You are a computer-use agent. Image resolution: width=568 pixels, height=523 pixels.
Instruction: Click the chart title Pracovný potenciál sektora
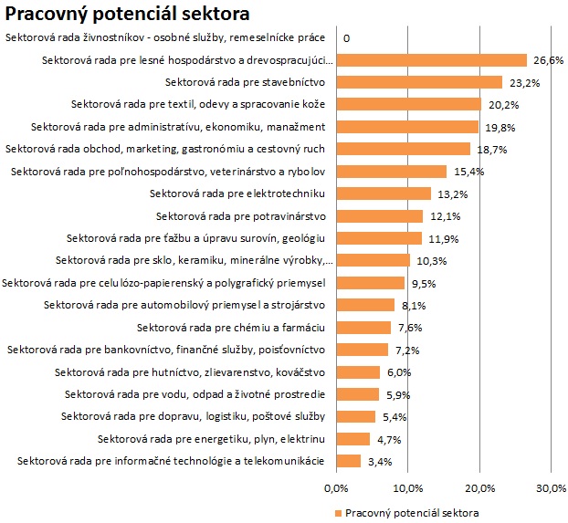pos(128,15)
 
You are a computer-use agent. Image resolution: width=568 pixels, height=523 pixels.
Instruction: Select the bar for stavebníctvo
pos(420,82)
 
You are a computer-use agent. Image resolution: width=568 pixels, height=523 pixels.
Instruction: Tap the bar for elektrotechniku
pos(384,194)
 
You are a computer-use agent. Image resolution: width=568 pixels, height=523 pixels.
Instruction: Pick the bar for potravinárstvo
pos(380,215)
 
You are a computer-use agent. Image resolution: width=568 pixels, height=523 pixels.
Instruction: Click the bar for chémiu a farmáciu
pos(363,327)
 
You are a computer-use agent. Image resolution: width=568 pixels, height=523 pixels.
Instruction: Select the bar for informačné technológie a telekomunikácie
pos(349,461)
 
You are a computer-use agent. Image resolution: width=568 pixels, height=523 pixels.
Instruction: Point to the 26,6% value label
pos(549,60)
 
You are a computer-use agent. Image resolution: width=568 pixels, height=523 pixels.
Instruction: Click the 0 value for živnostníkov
pos(347,38)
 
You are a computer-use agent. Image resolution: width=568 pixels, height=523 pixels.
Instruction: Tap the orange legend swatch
pos(339,512)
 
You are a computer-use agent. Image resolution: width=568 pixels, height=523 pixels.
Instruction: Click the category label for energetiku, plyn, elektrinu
pos(211,438)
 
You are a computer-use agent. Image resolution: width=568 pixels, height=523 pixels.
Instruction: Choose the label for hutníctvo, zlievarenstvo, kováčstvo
pos(190,371)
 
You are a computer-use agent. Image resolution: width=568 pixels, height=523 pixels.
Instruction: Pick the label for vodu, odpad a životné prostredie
pos(195,394)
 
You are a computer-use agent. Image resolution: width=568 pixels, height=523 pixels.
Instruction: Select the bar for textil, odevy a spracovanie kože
pos(409,104)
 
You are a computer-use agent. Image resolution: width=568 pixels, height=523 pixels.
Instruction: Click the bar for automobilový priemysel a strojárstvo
pos(365,305)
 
